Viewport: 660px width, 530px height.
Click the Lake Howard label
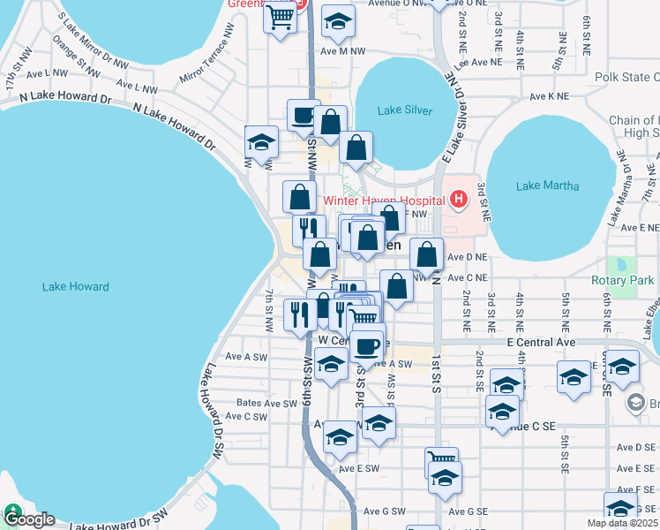point(75,286)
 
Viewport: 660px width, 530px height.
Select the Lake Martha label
point(547,185)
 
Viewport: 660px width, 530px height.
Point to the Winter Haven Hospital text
point(384,200)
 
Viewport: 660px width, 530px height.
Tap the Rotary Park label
point(622,281)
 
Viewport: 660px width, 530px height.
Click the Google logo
point(28,519)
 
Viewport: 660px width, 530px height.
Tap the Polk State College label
point(626,78)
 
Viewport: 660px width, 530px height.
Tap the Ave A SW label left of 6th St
point(245,357)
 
